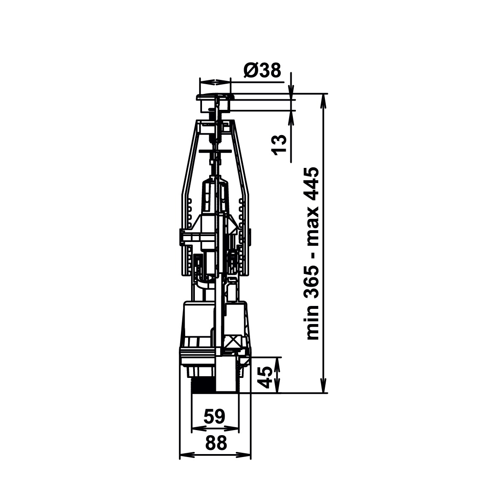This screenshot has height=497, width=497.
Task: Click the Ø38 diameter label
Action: pos(262,70)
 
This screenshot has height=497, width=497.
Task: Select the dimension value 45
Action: pos(264,377)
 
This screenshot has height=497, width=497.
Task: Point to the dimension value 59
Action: pos(214,416)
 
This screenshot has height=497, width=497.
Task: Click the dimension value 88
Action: pos(216,443)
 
